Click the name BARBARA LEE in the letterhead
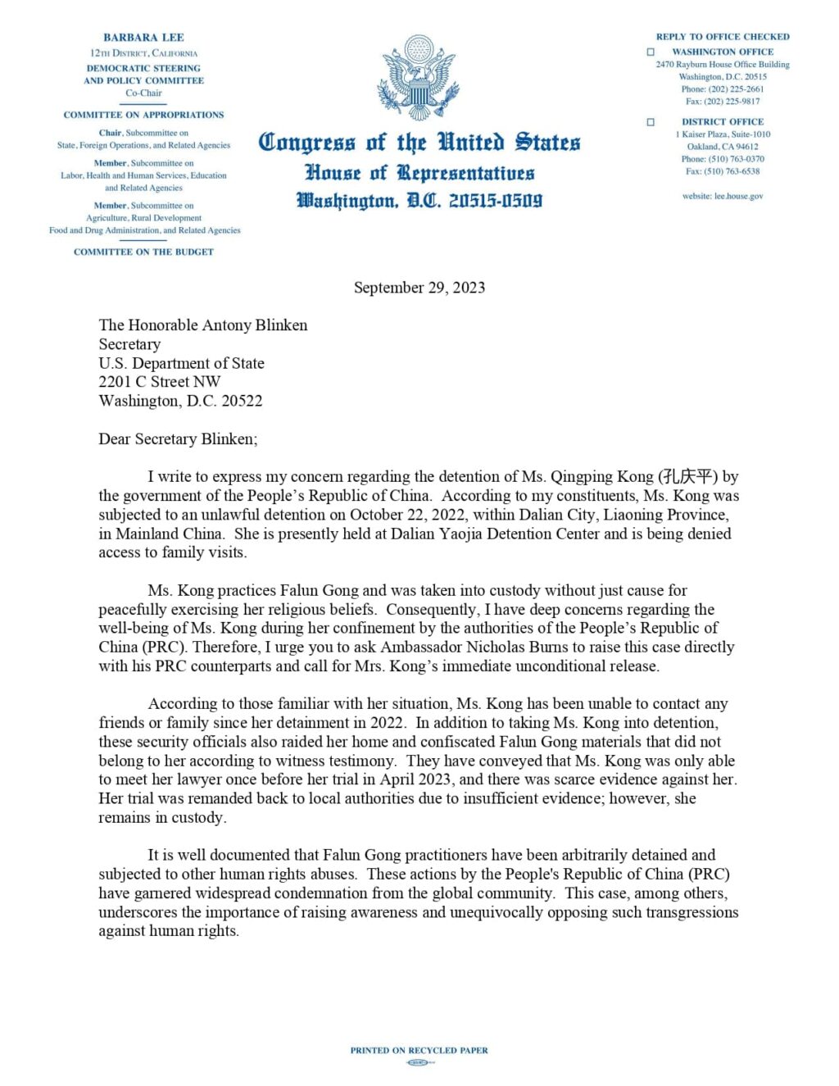coord(143,38)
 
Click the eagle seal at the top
coord(419,78)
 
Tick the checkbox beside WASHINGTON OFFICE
coord(651,52)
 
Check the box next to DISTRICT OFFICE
coord(651,122)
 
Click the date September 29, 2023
coord(419,288)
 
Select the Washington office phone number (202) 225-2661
coord(733,89)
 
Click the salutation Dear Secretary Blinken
coord(178,439)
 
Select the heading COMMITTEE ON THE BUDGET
coord(143,252)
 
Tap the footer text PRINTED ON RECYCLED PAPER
coord(419,1050)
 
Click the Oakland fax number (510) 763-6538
coord(733,171)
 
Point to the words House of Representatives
coord(419,173)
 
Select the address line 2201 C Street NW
coord(159,382)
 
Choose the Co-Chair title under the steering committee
coord(143,93)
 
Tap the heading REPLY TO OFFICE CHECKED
coord(723,37)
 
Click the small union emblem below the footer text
coord(419,1062)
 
